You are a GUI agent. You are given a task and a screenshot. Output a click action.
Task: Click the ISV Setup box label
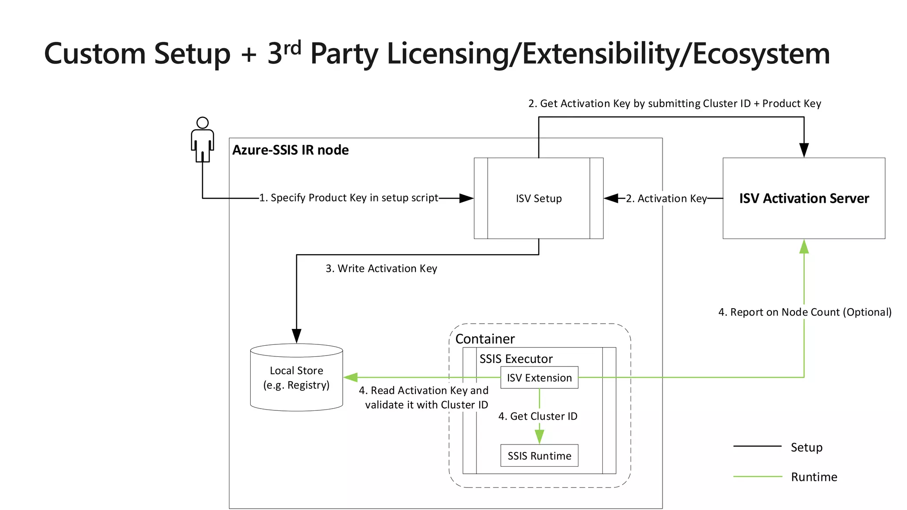pos(539,198)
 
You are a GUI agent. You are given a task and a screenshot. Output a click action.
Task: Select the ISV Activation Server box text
pos(804,198)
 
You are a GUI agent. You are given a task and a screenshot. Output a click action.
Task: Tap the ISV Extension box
pos(539,378)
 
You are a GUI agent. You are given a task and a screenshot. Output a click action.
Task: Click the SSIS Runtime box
pos(539,456)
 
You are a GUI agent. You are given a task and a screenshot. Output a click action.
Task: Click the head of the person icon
pos(202,123)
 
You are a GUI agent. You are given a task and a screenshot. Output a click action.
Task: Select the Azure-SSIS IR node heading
pos(291,150)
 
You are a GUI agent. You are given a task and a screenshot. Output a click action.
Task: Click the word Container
pos(485,339)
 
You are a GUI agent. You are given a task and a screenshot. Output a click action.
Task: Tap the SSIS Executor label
pos(516,359)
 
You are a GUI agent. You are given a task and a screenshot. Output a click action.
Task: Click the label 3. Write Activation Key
pos(381,268)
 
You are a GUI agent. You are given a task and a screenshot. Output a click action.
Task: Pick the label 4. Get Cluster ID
pos(538,416)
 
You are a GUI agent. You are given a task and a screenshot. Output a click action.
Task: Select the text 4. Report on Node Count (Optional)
pos(805,312)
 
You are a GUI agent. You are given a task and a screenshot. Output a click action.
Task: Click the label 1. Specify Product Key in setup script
pos(349,198)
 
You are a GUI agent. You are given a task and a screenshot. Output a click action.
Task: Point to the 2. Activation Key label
pos(666,198)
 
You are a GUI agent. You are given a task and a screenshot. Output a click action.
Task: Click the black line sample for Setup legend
pos(757,446)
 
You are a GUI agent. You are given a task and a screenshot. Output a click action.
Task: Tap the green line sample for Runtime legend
pos(757,476)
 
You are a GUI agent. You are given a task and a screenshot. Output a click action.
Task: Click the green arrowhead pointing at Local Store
pos(351,377)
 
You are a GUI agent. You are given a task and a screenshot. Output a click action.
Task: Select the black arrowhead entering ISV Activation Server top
pos(804,150)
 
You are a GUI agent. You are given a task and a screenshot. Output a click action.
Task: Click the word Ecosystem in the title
pos(761,54)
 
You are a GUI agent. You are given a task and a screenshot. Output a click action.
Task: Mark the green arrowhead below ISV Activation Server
pos(804,247)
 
